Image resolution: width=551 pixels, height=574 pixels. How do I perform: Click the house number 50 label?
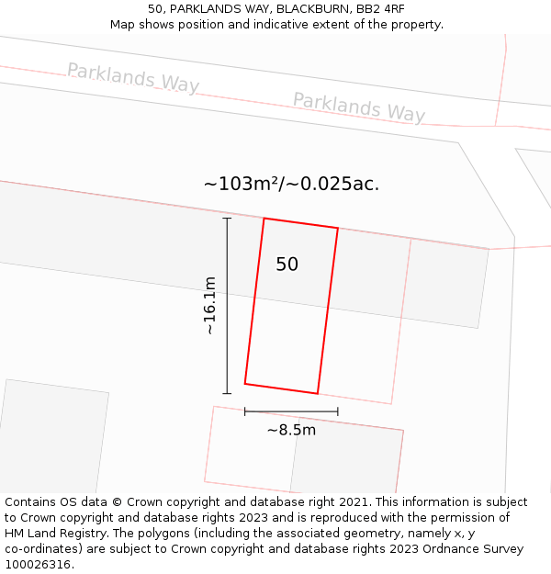tap(287, 264)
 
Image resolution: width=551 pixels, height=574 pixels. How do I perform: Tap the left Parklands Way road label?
tap(132, 77)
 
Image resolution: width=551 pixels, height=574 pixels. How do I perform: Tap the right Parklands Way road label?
tap(359, 107)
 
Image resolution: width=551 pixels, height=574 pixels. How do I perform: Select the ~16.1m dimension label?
tap(209, 305)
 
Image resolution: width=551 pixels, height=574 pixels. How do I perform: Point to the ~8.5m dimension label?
tap(291, 430)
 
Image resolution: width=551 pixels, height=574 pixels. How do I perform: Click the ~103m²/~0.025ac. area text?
tap(291, 184)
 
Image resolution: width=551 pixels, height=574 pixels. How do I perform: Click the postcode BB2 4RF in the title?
tap(381, 8)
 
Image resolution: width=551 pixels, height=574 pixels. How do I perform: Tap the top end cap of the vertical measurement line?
tap(227, 218)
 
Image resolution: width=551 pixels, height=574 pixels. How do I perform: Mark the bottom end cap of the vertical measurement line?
tap(227, 393)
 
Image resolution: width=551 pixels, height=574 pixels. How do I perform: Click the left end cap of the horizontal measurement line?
tap(245, 411)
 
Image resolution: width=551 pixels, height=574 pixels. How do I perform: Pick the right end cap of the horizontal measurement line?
tap(338, 411)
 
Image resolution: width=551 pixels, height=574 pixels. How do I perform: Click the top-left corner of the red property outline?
tap(264, 219)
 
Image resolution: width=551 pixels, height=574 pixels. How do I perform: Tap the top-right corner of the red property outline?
tap(338, 229)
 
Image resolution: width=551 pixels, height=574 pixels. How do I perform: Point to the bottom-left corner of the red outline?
tap(245, 383)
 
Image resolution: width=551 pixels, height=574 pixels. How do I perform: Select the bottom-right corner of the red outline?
tap(318, 394)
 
